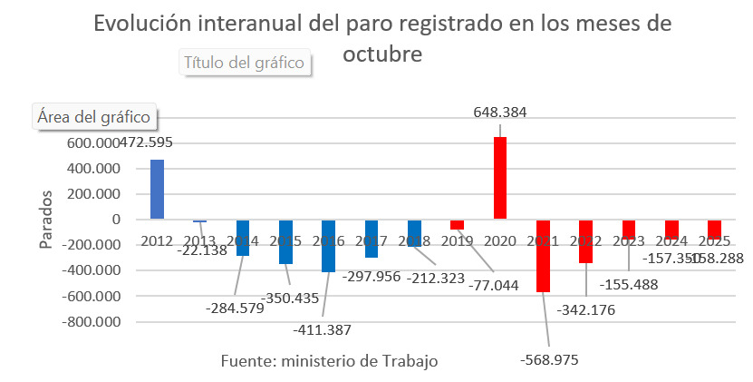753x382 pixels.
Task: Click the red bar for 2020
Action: [500, 178]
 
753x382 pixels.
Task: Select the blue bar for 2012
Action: [157, 190]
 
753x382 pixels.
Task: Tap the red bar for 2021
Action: [543, 256]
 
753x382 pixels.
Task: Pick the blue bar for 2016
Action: [328, 246]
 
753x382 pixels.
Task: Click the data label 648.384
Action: [500, 113]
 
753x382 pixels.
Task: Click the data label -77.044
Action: [493, 284]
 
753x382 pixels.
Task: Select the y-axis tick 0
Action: [116, 220]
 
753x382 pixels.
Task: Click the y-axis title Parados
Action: [47, 219]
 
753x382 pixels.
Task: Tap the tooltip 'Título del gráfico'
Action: [245, 63]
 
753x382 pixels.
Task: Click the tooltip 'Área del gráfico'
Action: [95, 117]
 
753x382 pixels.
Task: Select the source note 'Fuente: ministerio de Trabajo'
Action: [330, 360]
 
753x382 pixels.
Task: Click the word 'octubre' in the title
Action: [382, 54]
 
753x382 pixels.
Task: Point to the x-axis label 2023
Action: [629, 240]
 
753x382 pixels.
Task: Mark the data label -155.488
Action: [644, 284]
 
